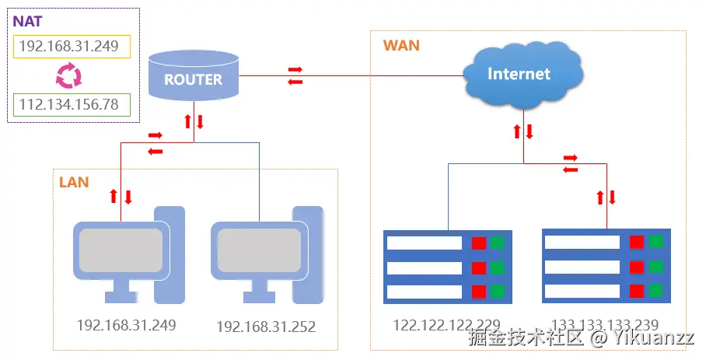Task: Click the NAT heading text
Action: tap(27, 21)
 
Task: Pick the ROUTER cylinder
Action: tap(194, 78)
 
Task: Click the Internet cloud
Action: tap(519, 74)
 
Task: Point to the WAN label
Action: tap(400, 46)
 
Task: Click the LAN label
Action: tap(74, 183)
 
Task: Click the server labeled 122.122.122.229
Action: tap(447, 267)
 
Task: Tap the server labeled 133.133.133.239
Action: tap(605, 265)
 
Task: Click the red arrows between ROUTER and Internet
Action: tap(295, 75)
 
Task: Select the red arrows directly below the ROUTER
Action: tap(193, 122)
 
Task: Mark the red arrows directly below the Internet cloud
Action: tap(523, 131)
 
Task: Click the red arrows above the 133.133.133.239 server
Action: tap(606, 197)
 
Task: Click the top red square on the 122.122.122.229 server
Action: tap(479, 243)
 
